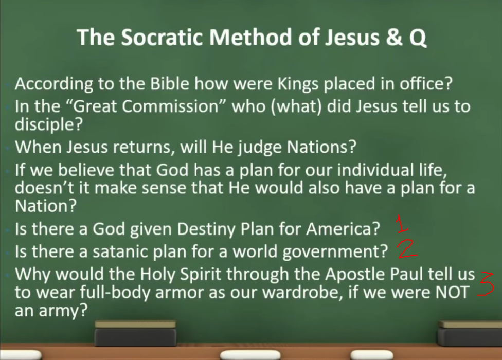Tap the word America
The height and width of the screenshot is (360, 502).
344,228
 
